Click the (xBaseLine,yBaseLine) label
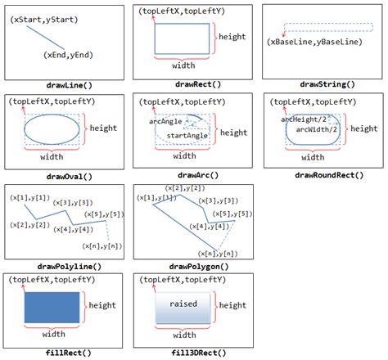315,41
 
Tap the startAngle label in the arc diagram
186,135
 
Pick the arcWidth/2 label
317,128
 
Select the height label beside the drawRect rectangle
233,38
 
